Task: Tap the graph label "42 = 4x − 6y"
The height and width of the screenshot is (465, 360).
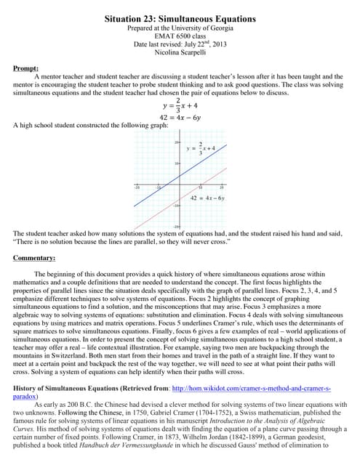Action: click(207, 198)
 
